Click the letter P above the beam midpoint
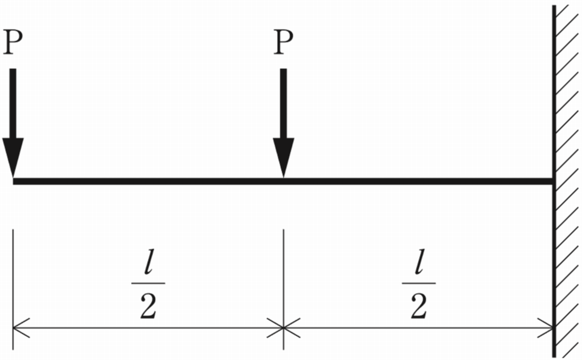pyautogui.click(x=283, y=43)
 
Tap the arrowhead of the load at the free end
pyautogui.click(x=13, y=157)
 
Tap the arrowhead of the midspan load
pyautogui.click(x=283, y=157)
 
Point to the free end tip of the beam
pyautogui.click(x=15, y=181)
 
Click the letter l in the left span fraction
pyautogui.click(x=148, y=268)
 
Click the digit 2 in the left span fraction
pyautogui.click(x=148, y=307)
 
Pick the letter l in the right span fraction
pyautogui.click(x=418, y=268)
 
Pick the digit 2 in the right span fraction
pyautogui.click(x=418, y=307)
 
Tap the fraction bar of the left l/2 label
pyautogui.click(x=148, y=283)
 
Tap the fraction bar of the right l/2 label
pyautogui.click(x=418, y=283)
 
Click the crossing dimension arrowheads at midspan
pyautogui.click(x=283, y=327)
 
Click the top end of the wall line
pyautogui.click(x=554, y=7)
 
